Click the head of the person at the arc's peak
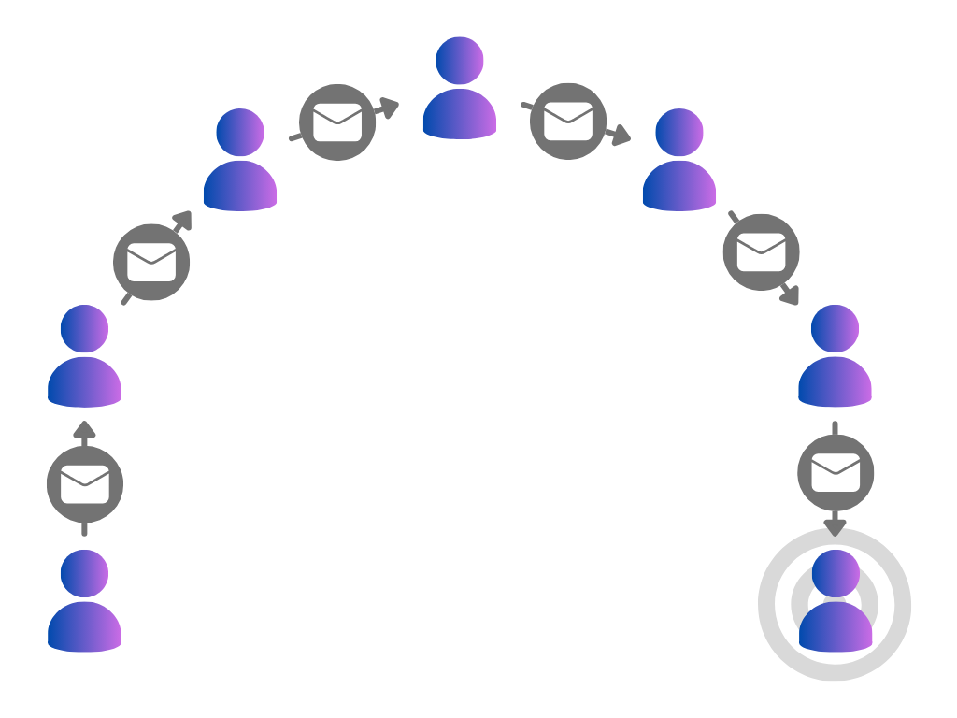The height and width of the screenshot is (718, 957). [x=460, y=60]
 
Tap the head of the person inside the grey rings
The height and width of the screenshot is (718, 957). [x=836, y=572]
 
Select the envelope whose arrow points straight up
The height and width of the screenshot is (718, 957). [x=85, y=484]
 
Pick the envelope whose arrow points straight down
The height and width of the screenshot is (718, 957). [x=836, y=473]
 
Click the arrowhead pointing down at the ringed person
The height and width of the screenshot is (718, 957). [x=835, y=527]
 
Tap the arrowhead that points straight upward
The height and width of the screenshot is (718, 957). [x=85, y=430]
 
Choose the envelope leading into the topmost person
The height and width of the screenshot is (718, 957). [x=337, y=122]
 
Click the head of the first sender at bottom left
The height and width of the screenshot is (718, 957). [x=85, y=572]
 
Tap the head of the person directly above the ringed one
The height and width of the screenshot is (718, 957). [x=836, y=328]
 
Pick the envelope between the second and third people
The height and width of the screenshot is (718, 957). [x=151, y=262]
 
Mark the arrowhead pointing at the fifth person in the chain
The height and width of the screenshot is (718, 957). [x=620, y=137]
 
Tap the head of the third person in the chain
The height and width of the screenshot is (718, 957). [x=240, y=132]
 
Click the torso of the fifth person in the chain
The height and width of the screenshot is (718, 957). [x=679, y=187]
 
